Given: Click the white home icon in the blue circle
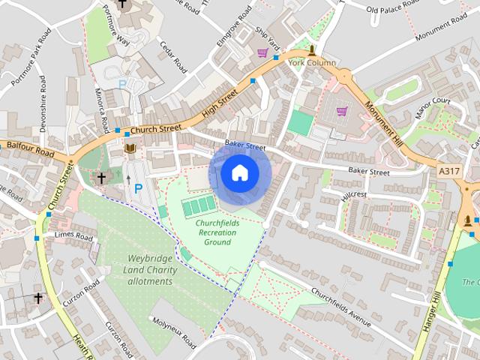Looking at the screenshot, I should [x=239, y=173].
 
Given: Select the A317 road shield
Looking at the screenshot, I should [x=449, y=172].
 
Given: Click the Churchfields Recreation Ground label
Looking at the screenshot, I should [x=215, y=232].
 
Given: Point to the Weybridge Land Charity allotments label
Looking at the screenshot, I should [x=149, y=270].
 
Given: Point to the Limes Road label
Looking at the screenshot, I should [x=73, y=236].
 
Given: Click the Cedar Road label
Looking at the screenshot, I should [x=172, y=57].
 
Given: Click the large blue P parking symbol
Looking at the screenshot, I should [x=138, y=190].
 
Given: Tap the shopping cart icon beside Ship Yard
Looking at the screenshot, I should [x=262, y=52].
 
